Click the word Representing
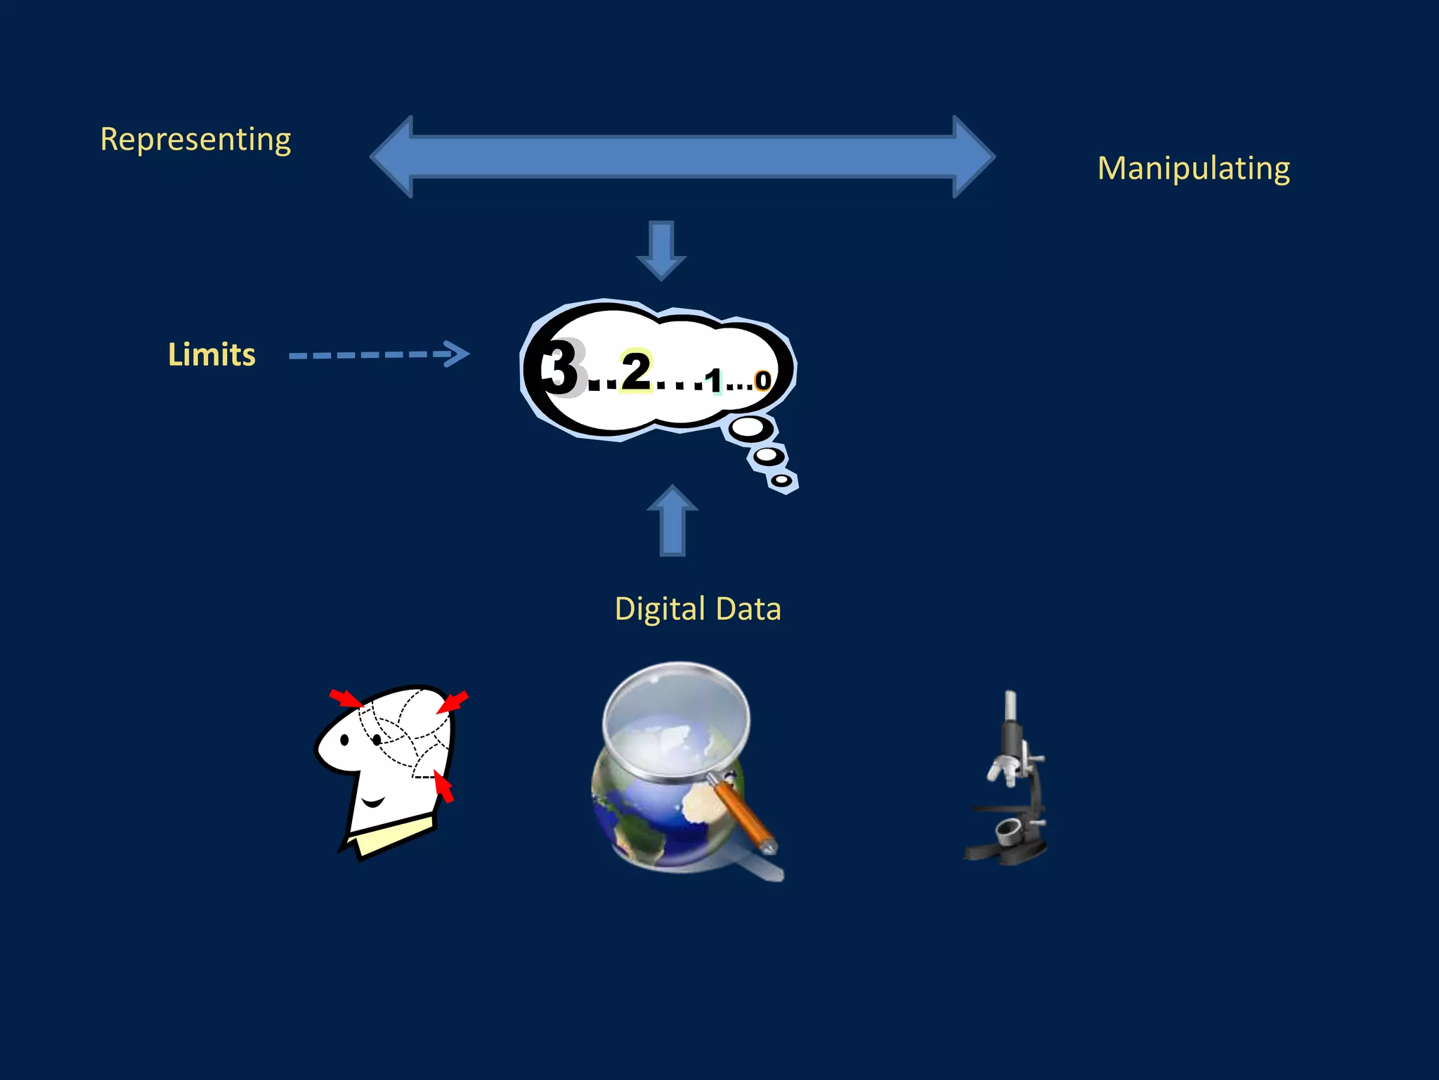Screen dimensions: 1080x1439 195,139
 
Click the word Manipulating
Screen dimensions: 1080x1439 1193,169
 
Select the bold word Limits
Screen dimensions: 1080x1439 211,354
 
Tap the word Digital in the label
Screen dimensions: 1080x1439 659,609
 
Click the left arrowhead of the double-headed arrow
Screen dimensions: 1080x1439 393,157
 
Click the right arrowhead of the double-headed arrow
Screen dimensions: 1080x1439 972,157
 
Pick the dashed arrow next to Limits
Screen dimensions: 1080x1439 379,354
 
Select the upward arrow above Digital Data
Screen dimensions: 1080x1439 672,520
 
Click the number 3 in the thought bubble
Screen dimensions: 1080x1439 561,368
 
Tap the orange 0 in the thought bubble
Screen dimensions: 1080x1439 762,381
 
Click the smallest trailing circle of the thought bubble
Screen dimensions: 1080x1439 781,480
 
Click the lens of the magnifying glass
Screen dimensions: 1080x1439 676,721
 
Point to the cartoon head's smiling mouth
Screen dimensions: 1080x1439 372,802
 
